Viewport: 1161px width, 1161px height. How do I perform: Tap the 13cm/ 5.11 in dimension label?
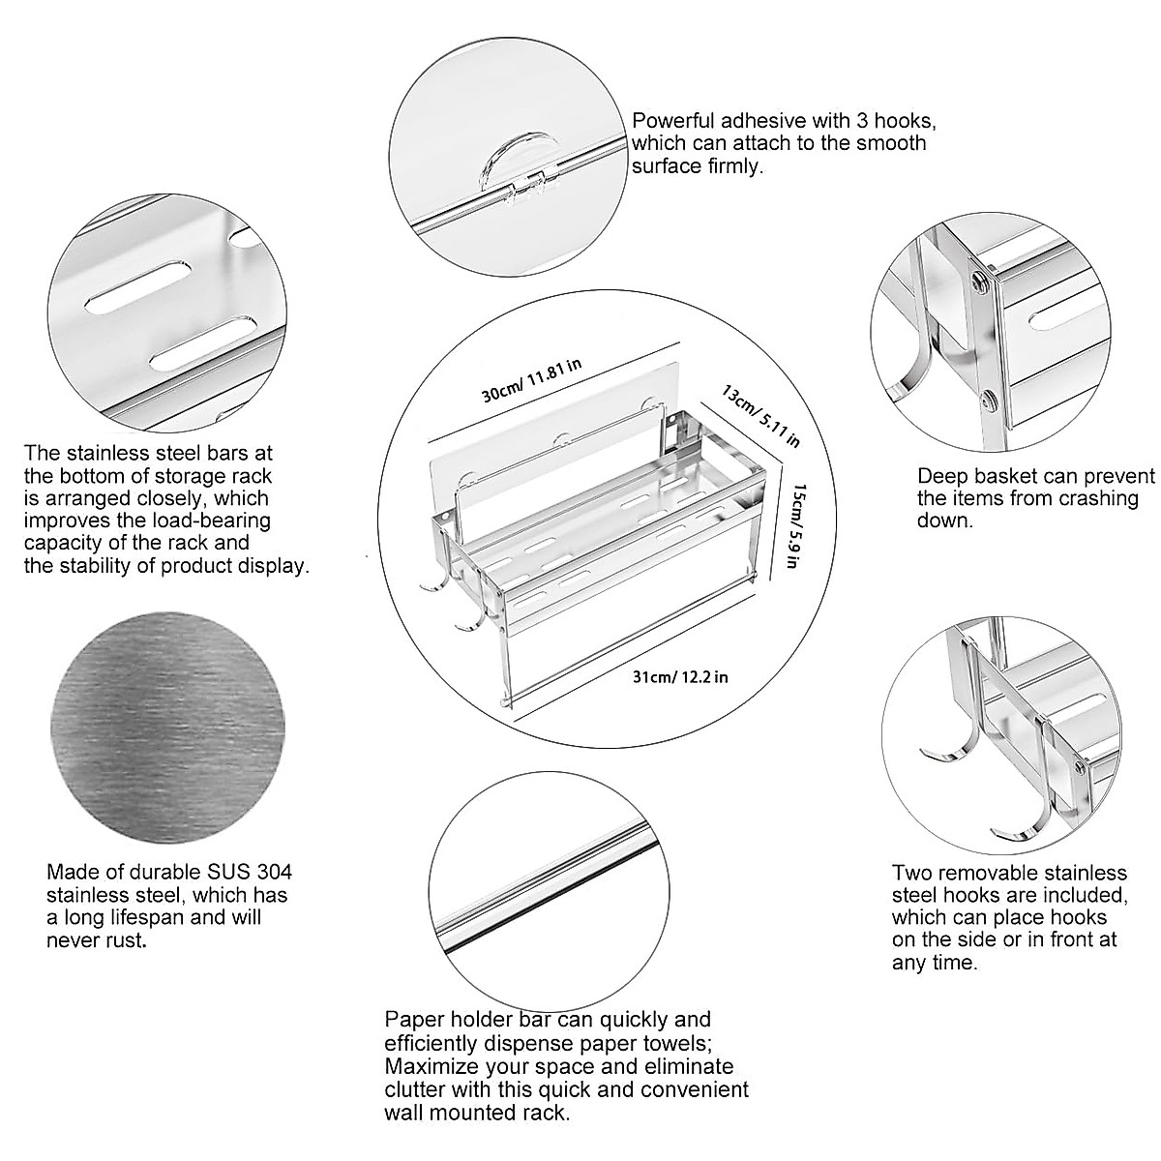pyautogui.click(x=760, y=415)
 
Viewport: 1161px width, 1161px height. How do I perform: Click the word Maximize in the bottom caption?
pyautogui.click(x=429, y=1066)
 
